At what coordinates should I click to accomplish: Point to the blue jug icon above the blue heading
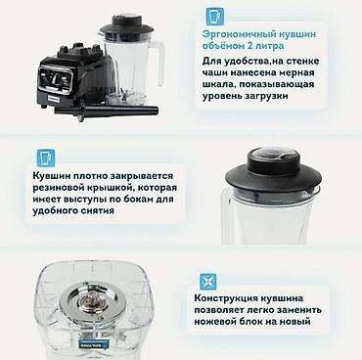coord(214,17)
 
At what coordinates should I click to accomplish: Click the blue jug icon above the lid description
coord(46,158)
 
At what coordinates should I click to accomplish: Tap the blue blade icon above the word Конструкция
coord(208,281)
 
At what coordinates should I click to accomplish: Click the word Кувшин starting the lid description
coord(51,176)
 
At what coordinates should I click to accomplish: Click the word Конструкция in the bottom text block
coord(225,298)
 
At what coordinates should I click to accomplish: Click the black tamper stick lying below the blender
coord(108,111)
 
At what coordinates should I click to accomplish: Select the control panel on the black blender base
coord(56,78)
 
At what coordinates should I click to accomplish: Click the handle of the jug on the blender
coord(158,62)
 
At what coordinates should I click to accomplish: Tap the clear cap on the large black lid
coord(273,155)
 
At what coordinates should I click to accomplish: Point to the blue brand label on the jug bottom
coord(95,343)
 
